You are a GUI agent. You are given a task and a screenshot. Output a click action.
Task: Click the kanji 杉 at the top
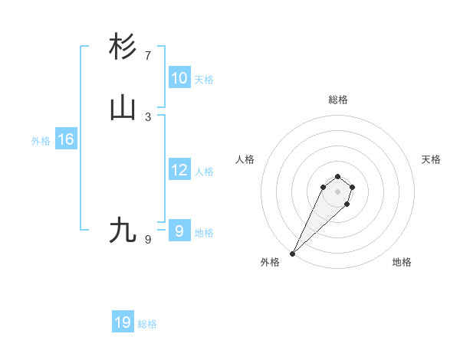click(123, 47)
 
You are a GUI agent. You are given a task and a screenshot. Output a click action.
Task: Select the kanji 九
click(123, 230)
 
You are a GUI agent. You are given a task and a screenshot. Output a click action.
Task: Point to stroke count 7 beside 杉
click(148, 55)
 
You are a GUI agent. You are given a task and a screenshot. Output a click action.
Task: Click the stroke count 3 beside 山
click(148, 116)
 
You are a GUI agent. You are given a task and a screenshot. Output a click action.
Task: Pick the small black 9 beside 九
click(148, 239)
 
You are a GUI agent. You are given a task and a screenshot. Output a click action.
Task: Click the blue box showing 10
click(179, 78)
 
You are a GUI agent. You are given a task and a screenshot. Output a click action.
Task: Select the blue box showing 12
click(179, 170)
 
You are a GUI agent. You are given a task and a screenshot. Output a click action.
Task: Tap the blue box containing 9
click(179, 231)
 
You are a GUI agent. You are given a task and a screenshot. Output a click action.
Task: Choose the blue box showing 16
click(65, 139)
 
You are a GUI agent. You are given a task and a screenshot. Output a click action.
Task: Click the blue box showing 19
click(123, 322)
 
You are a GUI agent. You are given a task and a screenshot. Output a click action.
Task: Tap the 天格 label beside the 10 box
click(204, 80)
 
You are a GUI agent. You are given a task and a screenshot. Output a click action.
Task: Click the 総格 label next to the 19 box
click(147, 324)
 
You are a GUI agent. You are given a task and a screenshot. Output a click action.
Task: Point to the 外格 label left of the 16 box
click(41, 141)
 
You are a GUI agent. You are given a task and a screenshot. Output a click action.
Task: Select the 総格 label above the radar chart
click(337, 100)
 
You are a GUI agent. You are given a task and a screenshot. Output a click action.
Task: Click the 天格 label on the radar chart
click(431, 159)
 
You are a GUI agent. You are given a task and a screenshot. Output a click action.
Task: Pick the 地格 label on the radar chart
click(402, 262)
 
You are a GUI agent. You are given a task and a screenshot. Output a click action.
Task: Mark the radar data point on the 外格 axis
click(292, 253)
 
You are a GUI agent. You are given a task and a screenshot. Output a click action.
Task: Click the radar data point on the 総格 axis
click(337, 175)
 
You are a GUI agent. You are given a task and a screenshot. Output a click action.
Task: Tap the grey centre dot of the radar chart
click(337, 191)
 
